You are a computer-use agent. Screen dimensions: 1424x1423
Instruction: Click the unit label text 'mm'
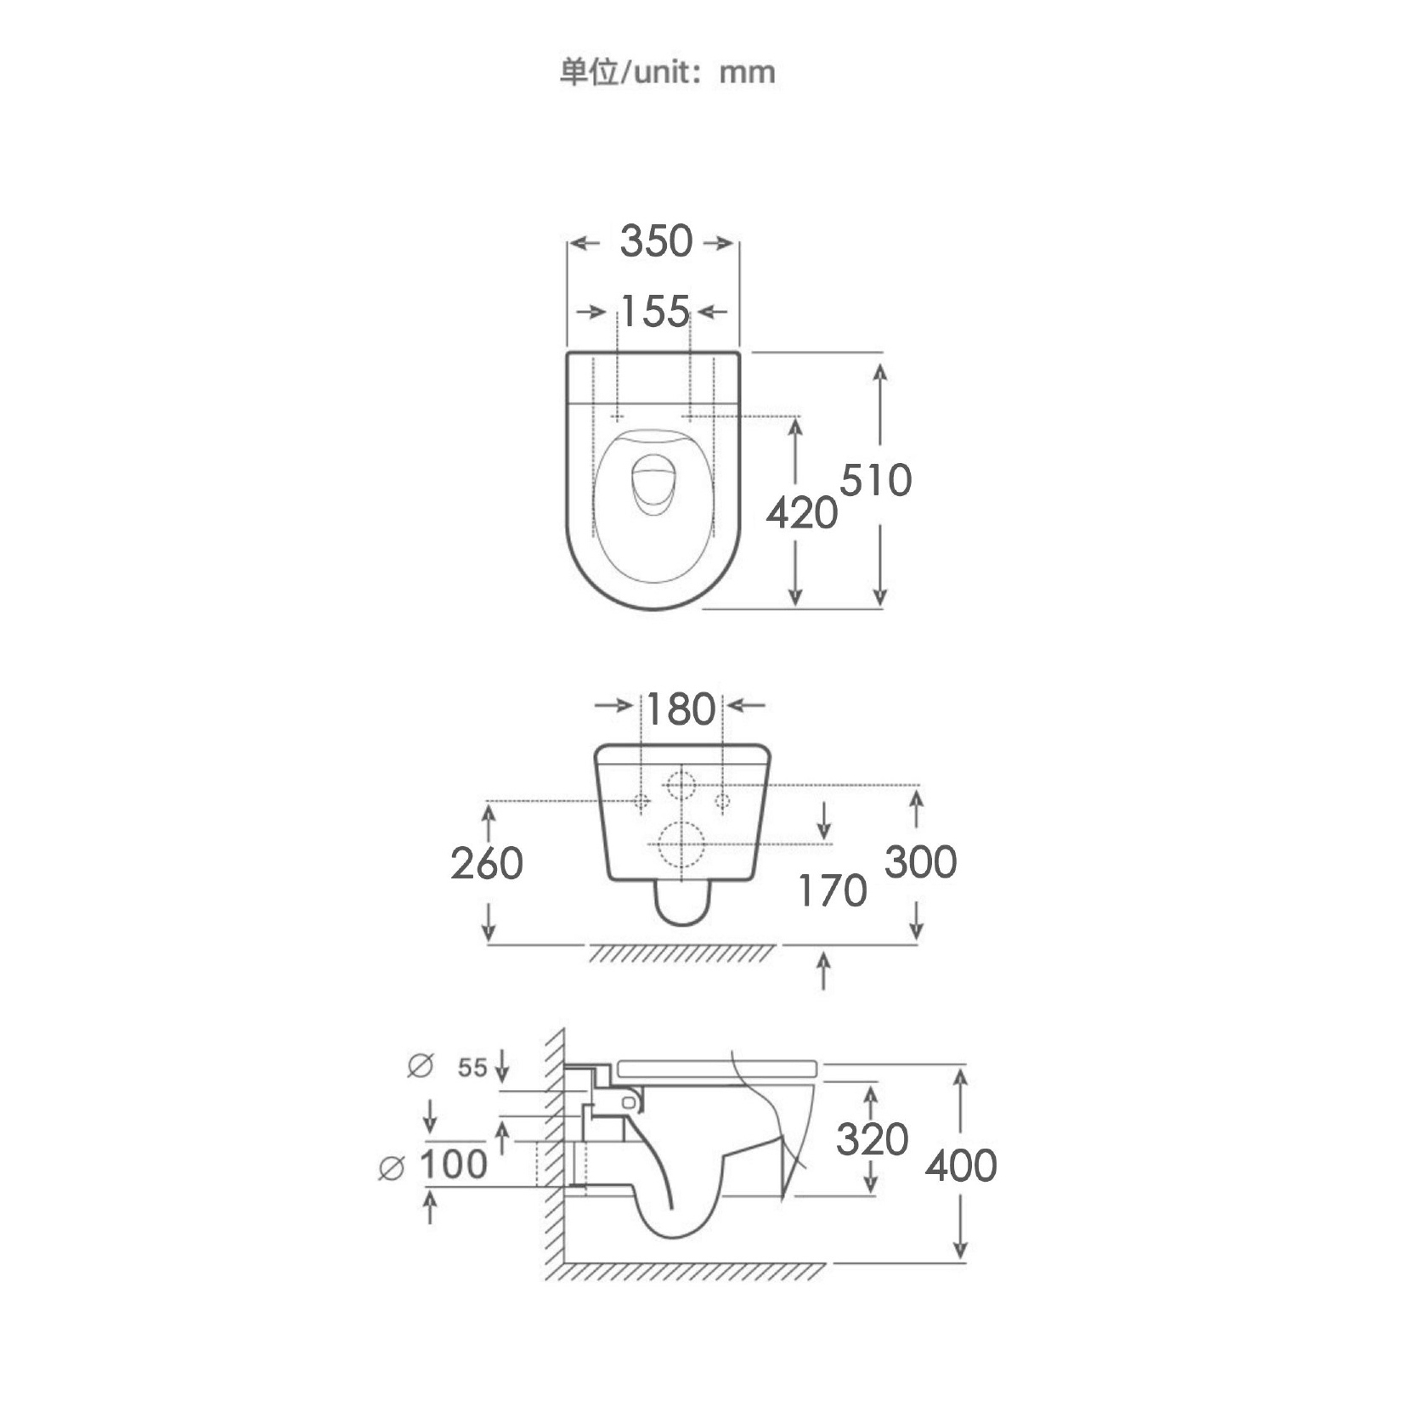coord(748,73)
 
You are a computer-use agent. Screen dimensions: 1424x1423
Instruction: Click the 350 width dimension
coord(656,241)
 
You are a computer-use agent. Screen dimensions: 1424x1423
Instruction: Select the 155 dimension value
coord(655,312)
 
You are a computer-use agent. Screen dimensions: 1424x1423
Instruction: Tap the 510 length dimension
coord(876,480)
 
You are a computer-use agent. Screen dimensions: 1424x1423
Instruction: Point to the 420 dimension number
coord(801,513)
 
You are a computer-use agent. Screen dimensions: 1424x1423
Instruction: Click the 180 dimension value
coord(681,709)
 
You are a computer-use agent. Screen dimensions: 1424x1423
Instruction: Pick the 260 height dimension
coord(487,864)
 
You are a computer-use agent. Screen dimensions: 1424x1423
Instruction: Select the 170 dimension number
coord(833,891)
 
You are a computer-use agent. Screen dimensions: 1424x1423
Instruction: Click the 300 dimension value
coord(921,862)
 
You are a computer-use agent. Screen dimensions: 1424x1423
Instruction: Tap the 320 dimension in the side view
coord(873,1139)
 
